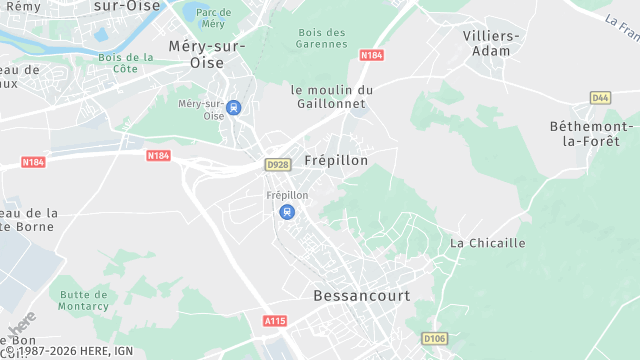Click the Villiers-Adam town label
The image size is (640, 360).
[x=492, y=42]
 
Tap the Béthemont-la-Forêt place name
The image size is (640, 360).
[x=591, y=133]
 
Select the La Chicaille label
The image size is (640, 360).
[x=487, y=242]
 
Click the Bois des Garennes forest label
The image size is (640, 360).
[x=322, y=38]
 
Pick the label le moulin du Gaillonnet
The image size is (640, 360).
[x=332, y=97]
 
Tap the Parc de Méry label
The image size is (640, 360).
[x=212, y=17]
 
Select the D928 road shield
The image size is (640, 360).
[x=277, y=164]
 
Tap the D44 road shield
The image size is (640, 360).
[x=600, y=97]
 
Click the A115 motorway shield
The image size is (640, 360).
[x=275, y=321]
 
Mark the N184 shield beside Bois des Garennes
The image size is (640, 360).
[x=371, y=55]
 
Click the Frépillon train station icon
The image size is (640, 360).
[x=287, y=211]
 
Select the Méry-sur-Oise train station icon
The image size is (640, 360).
[x=233, y=108]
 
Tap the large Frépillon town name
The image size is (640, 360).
[x=336, y=160]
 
